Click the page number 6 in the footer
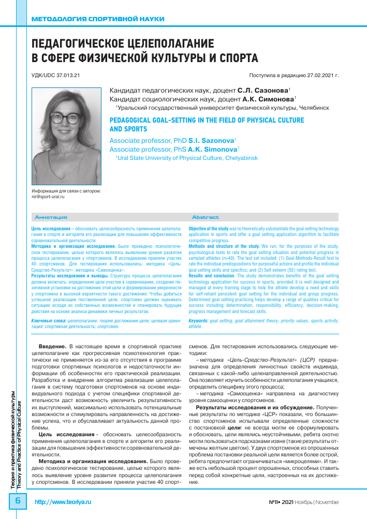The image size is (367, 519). point(17,501)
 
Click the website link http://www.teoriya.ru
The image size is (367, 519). point(62,502)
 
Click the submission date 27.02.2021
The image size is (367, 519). point(317,75)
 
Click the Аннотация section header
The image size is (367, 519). point(50,217)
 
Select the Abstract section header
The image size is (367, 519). point(205,217)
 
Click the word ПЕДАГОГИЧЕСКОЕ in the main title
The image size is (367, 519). point(90,43)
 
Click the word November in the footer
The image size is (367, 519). point(327,502)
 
